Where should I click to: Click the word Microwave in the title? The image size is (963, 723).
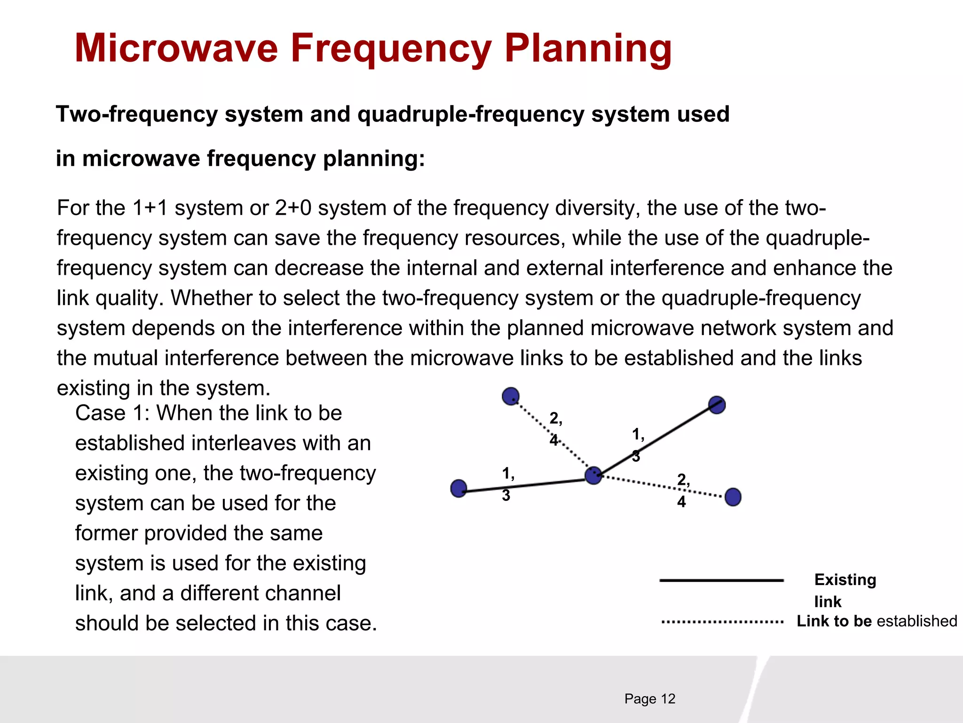(x=176, y=48)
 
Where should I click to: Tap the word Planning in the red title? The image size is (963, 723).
(x=588, y=49)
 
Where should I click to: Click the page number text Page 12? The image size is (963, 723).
(x=649, y=699)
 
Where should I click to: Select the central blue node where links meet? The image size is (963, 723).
(x=593, y=475)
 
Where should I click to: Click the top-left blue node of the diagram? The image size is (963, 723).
(x=511, y=396)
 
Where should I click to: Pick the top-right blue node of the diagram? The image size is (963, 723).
(x=717, y=405)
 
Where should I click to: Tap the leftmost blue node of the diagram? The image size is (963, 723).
(x=458, y=489)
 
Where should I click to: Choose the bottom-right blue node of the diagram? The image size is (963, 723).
(x=733, y=497)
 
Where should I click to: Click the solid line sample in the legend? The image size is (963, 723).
(x=721, y=580)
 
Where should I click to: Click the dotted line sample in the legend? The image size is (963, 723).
(x=721, y=622)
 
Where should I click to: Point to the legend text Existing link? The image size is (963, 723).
(x=845, y=590)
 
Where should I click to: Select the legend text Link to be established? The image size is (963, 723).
(x=876, y=621)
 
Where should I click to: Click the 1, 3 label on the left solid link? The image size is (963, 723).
(x=507, y=484)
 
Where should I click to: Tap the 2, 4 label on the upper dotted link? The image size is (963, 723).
(x=555, y=428)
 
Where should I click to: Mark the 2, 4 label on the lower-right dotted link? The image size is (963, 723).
(x=683, y=490)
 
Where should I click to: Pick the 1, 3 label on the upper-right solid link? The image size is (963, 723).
(x=637, y=444)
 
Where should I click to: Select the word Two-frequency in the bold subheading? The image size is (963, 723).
(x=136, y=114)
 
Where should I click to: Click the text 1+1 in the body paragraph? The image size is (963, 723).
(x=150, y=208)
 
